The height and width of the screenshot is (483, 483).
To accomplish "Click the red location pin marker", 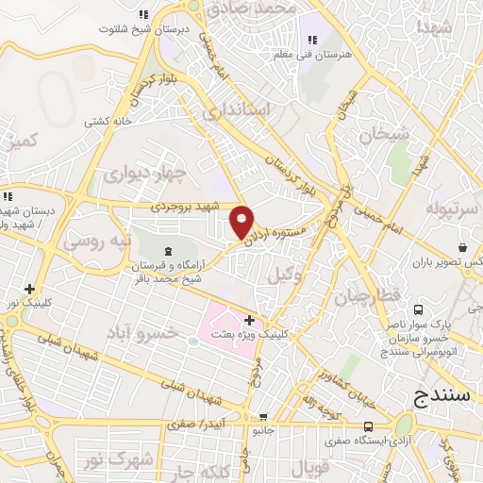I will click(x=242, y=221).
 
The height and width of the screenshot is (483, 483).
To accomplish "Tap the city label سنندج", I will click(x=442, y=396).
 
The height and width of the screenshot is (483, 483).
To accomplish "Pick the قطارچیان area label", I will click(x=367, y=297).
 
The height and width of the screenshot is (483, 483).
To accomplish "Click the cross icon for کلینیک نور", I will click(x=30, y=289).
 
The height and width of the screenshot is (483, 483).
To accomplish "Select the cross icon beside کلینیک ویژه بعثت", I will click(x=249, y=321).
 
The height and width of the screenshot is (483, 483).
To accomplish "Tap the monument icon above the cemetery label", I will click(x=169, y=251).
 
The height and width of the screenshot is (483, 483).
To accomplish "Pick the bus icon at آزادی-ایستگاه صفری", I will click(x=371, y=426).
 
